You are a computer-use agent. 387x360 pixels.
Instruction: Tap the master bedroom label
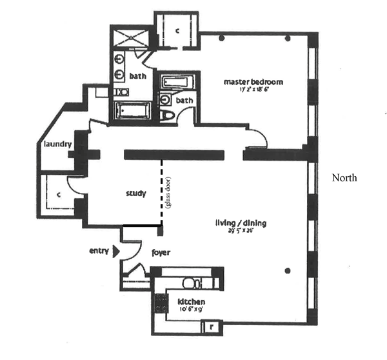click(x=253, y=82)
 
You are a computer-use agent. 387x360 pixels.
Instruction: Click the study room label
click(x=135, y=193)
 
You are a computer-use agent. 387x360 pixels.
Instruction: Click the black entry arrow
click(x=116, y=252)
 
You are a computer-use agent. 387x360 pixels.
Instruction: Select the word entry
click(x=99, y=251)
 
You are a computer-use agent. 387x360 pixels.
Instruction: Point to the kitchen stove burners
click(x=159, y=303)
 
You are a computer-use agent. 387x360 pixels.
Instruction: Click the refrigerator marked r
click(x=210, y=327)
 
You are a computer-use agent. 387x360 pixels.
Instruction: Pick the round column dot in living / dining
click(x=288, y=270)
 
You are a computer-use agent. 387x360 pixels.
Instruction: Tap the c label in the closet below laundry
click(x=58, y=193)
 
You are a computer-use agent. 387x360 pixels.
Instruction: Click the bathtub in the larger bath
click(x=134, y=110)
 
